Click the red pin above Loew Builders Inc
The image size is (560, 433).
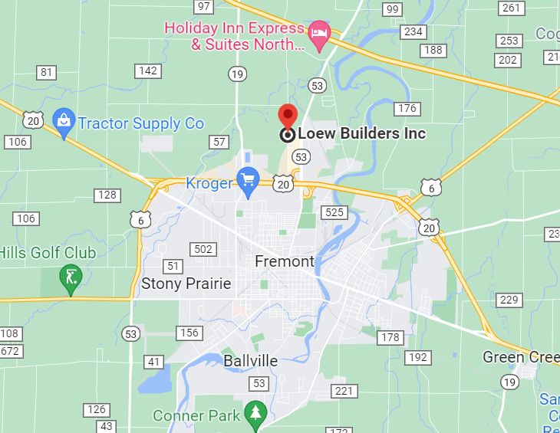click(x=288, y=116)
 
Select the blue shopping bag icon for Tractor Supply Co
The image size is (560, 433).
click(x=63, y=120)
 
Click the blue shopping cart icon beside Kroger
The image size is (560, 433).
click(x=247, y=180)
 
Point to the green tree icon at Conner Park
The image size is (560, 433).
click(x=254, y=413)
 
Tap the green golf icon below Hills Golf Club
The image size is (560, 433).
click(x=71, y=277)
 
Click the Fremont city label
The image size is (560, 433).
click(x=285, y=261)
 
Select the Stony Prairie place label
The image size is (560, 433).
click(x=186, y=284)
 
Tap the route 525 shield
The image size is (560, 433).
click(x=334, y=212)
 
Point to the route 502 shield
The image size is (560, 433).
click(x=203, y=249)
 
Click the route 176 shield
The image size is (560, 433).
click(x=407, y=108)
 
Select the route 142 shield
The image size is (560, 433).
click(x=147, y=71)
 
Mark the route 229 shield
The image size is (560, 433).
click(x=509, y=300)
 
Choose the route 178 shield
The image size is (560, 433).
click(x=390, y=337)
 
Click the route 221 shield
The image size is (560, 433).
click(x=344, y=392)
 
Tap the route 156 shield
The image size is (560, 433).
click(x=189, y=333)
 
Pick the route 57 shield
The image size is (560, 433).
click(x=219, y=142)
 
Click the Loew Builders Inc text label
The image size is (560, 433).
click(x=361, y=134)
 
